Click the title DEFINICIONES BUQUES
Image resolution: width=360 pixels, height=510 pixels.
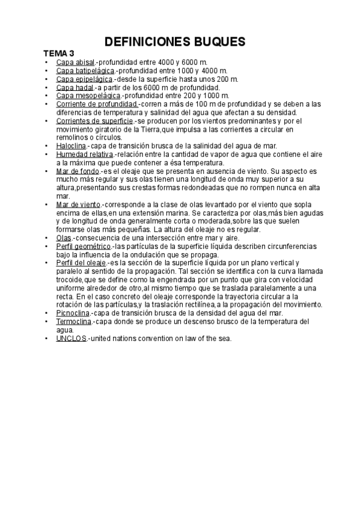point(175,41)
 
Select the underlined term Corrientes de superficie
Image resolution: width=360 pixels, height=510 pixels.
point(94,121)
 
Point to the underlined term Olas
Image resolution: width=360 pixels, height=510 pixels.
point(63,238)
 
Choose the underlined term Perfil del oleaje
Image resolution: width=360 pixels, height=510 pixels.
point(81,263)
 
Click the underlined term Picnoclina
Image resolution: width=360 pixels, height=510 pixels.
point(73,313)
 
